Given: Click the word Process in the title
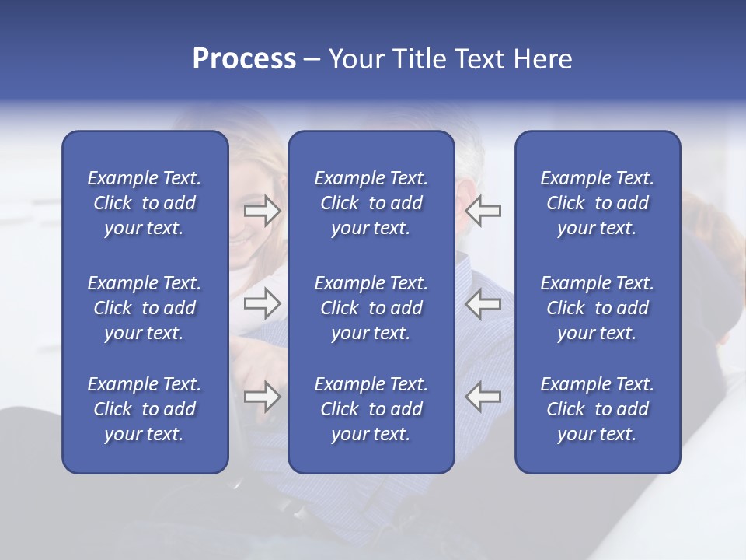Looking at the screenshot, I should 244,59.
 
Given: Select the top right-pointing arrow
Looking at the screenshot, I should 262,211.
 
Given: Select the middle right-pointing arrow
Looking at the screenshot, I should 262,304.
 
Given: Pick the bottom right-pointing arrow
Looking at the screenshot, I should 262,397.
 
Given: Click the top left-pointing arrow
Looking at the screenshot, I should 483,211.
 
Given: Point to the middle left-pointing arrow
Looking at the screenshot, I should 483,304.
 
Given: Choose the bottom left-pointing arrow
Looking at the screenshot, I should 483,397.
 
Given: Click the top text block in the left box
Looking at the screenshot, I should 145,203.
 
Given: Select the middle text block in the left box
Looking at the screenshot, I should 145,308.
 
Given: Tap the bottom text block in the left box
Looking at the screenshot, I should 145,409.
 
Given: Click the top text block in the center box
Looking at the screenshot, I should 371,203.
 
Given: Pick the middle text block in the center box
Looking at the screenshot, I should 371,308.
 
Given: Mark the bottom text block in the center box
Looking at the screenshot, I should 371,409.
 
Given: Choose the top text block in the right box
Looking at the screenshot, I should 597,203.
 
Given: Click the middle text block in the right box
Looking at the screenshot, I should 597,308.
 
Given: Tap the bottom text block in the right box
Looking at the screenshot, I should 597,409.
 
